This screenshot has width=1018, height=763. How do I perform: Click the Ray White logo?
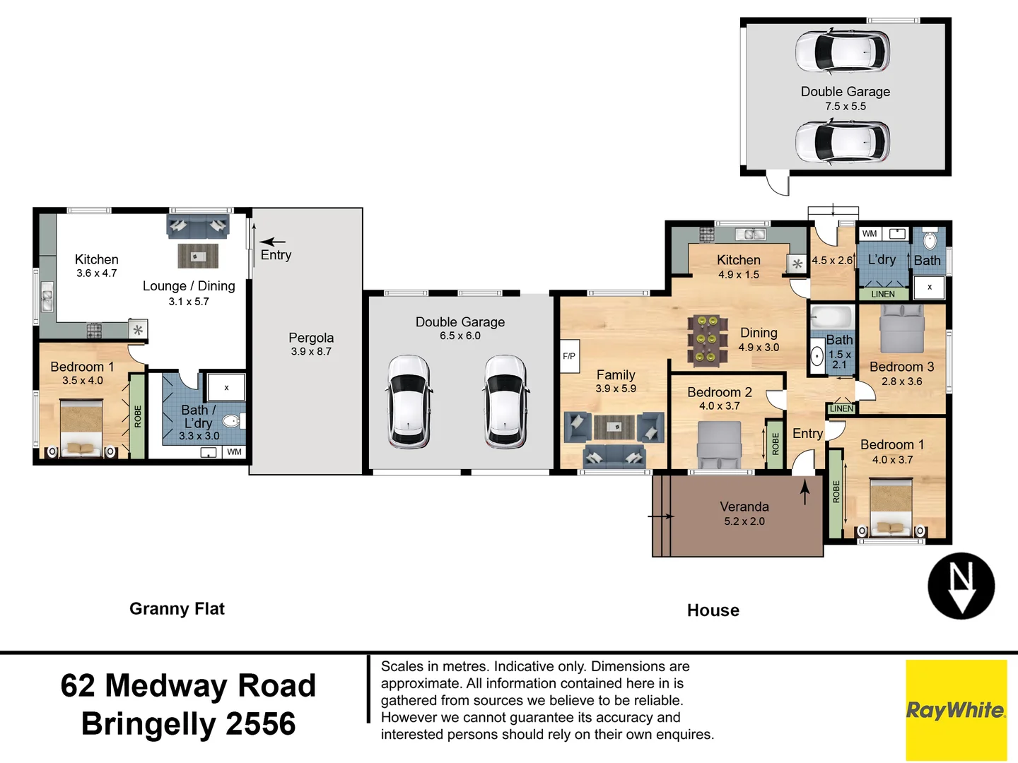[x=956, y=710]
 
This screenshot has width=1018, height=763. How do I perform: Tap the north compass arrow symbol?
[x=961, y=586]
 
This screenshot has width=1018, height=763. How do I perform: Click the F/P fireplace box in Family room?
[x=570, y=356]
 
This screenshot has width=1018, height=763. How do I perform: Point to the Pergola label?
[x=311, y=338]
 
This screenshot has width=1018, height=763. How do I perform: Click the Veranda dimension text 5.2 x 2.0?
[x=744, y=521]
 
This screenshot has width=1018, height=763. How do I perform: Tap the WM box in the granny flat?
[x=234, y=451]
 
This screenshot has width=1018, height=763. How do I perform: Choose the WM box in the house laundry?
[x=870, y=233]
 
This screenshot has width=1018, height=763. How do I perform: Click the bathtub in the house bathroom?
[x=832, y=318]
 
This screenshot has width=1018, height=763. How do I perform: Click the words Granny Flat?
[x=177, y=609]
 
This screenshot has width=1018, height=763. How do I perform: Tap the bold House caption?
[x=713, y=610]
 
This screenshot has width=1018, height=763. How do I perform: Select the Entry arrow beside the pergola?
[x=272, y=242]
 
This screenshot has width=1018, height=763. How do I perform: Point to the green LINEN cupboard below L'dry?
[x=883, y=294]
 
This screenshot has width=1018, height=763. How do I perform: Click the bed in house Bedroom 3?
[x=902, y=329]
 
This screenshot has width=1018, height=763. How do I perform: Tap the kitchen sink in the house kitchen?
[x=749, y=234]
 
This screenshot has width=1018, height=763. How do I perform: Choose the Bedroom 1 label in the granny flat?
[x=82, y=367]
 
